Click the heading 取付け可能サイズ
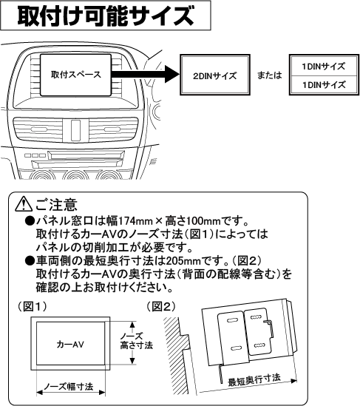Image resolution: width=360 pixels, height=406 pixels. tap(106, 16)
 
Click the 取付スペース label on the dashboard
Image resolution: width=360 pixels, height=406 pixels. tap(76, 75)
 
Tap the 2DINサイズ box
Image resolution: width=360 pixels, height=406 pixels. tap(215, 75)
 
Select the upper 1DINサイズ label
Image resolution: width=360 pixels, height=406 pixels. tap(324, 67)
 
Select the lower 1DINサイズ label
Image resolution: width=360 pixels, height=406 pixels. tap(324, 84)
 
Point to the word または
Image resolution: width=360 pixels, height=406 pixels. tap(269, 75)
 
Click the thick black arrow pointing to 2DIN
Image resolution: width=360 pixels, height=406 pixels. tap(146, 74)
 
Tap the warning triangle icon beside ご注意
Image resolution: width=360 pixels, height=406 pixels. tap(24, 204)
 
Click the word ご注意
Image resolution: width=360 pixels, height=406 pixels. tap(56, 204)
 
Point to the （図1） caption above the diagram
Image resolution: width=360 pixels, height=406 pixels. tap(32, 307)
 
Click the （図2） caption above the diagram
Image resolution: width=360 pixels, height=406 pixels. tap(160, 307)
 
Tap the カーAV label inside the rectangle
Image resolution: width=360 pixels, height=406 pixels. tap(70, 345)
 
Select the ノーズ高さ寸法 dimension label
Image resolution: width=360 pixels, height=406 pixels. tap(136, 341)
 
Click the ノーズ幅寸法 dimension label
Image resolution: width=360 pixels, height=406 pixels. tap(69, 387)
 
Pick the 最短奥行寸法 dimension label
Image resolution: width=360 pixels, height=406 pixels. tap(254, 380)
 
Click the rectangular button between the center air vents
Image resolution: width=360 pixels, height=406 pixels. tap(75, 129)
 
